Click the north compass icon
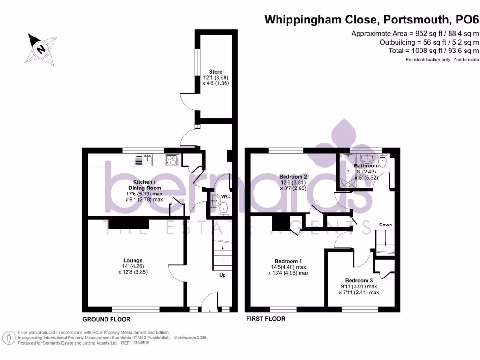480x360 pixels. (x=42, y=48)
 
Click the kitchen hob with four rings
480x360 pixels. (x=172, y=160)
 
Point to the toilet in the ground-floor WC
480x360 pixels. (x=224, y=207)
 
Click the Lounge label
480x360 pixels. (x=133, y=260)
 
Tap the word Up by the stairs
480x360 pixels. (x=223, y=275)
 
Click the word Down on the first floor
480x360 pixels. (x=385, y=225)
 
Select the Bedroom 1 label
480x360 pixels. (x=288, y=261)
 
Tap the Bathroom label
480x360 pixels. (x=366, y=166)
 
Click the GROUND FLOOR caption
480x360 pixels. (x=106, y=319)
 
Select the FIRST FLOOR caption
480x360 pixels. (x=266, y=319)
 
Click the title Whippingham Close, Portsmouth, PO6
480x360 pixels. (x=372, y=20)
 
